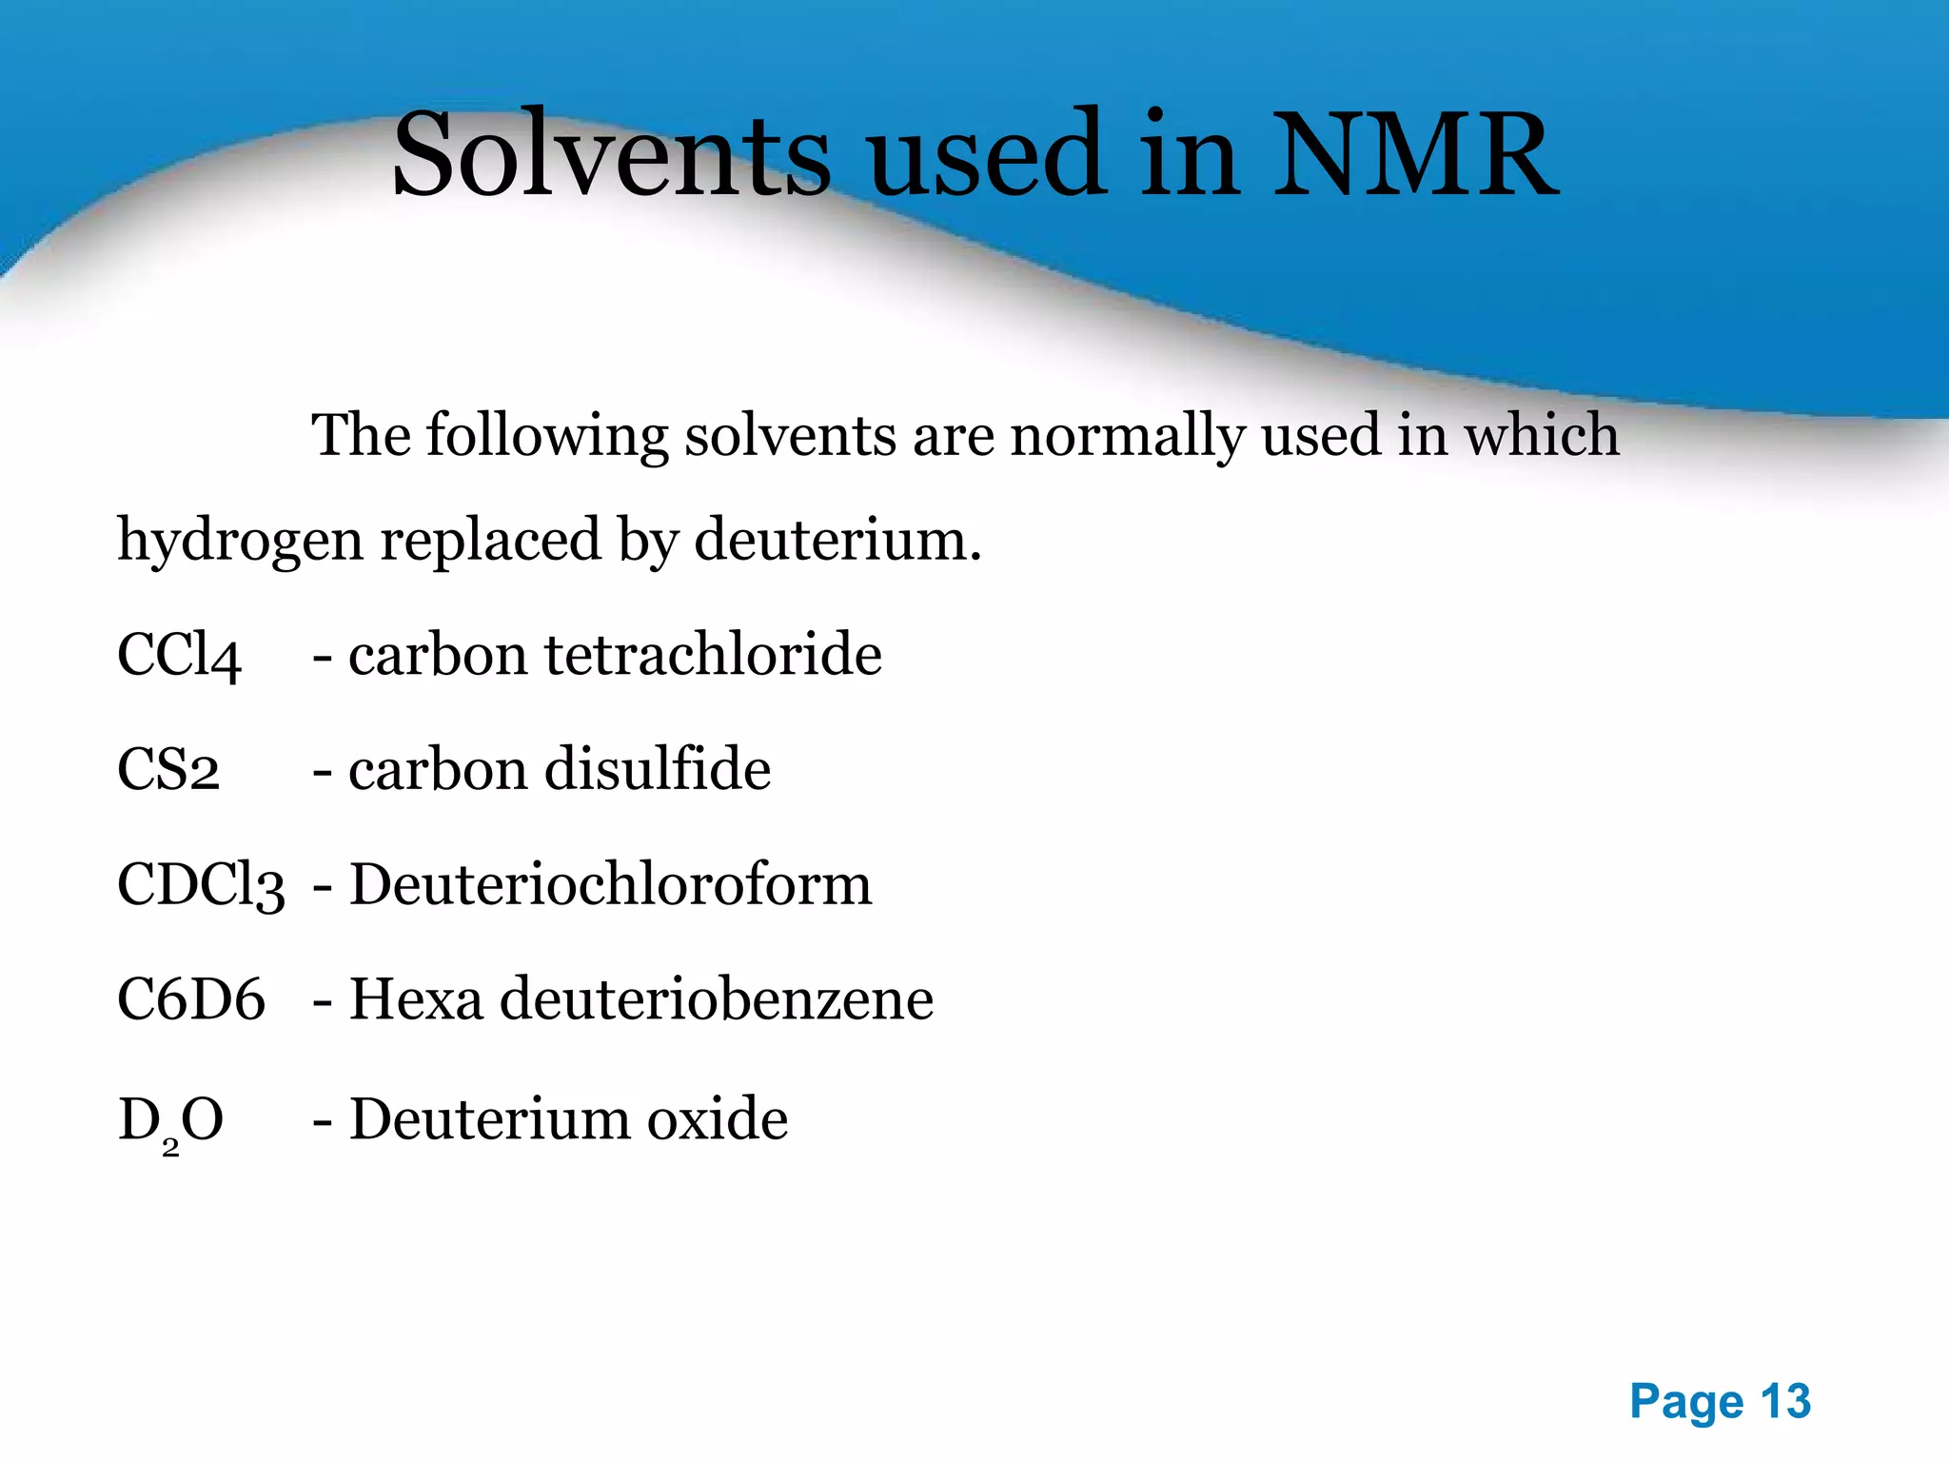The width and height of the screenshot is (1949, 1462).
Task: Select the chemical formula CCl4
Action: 179,656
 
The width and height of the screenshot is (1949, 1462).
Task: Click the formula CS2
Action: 168,770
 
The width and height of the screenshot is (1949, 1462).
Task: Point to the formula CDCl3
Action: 201,885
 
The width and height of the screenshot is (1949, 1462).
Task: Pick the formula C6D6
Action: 191,999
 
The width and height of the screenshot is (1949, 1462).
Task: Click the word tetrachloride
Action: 714,656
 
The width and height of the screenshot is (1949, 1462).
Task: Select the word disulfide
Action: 658,770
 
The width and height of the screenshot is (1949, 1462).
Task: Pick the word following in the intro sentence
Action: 547,436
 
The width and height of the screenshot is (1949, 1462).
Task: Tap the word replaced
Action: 491,541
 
